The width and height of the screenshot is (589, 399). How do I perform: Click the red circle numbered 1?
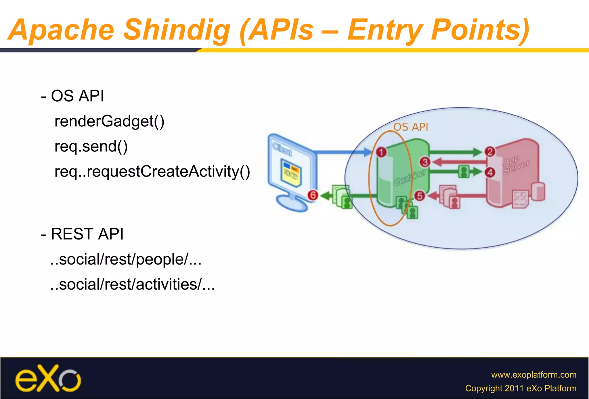point(381,152)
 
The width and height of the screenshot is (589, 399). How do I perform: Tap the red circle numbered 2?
point(490,151)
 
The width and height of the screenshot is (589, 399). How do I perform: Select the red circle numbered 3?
point(425,162)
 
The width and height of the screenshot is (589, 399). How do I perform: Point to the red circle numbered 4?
point(490,172)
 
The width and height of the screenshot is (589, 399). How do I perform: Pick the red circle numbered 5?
point(420,196)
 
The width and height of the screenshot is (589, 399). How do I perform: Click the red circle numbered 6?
point(313,195)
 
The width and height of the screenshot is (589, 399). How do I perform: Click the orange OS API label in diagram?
point(410,127)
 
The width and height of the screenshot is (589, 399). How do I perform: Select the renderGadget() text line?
point(109,121)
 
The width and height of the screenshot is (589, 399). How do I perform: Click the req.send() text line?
point(91,147)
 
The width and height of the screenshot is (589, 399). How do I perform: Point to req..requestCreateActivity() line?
point(152,172)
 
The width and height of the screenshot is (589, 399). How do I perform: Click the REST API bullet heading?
point(82,234)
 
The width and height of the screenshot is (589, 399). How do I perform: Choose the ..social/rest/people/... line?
point(126,259)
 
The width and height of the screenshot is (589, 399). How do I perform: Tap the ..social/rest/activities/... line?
point(132,284)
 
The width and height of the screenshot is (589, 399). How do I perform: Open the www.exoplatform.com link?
point(533,375)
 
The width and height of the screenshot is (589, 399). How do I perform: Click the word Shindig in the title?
point(177,30)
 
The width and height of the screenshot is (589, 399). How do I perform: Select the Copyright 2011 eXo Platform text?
point(521,388)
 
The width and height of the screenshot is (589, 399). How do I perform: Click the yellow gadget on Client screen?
point(291,174)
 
